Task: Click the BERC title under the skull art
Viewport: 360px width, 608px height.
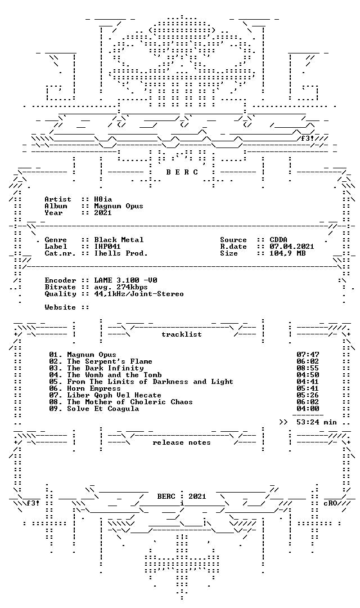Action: click(x=182, y=172)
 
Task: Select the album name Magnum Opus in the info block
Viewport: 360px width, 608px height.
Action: click(x=119, y=206)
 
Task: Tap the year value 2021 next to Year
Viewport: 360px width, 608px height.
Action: click(x=103, y=212)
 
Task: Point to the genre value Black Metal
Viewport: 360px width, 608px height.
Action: click(x=119, y=240)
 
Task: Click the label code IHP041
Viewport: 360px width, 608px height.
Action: click(x=108, y=246)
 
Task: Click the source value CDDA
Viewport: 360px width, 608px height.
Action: click(x=278, y=240)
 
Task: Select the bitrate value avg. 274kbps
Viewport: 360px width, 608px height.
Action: click(x=121, y=287)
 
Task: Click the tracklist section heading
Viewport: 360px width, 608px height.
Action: click(x=182, y=334)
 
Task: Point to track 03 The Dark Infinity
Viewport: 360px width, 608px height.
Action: click(x=97, y=368)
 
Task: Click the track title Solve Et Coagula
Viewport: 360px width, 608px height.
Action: click(x=103, y=409)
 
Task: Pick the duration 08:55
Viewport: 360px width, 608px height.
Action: click(x=308, y=368)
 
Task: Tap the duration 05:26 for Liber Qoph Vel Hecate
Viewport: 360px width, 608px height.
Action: click(x=308, y=395)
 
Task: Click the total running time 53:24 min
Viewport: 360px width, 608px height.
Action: click(x=317, y=422)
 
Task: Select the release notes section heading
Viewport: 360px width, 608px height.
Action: click(x=182, y=442)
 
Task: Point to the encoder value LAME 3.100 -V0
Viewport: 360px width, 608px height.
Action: click(x=125, y=280)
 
